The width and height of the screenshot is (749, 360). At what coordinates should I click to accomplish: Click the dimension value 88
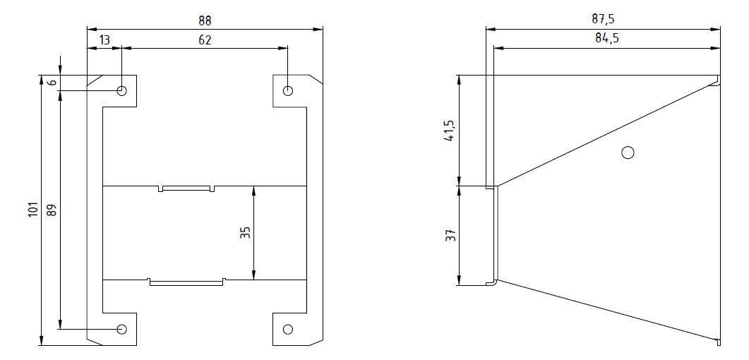(205, 21)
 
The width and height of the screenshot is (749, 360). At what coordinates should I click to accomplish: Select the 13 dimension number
(104, 40)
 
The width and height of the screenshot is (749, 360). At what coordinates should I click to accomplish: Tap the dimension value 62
(205, 40)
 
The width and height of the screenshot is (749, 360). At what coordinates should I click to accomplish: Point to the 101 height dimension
(33, 210)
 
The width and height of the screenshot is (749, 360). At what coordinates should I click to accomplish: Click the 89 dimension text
(52, 210)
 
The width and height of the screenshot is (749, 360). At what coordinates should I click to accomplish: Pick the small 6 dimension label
(52, 82)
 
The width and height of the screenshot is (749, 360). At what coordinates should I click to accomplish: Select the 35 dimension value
(245, 232)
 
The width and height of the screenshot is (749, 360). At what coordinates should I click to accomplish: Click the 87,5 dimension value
(603, 20)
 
